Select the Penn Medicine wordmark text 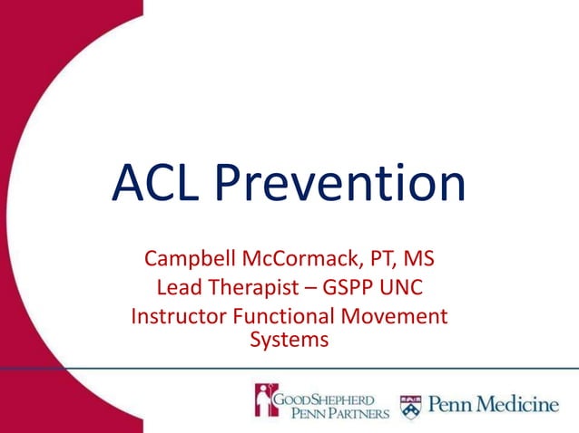coord(494,403)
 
